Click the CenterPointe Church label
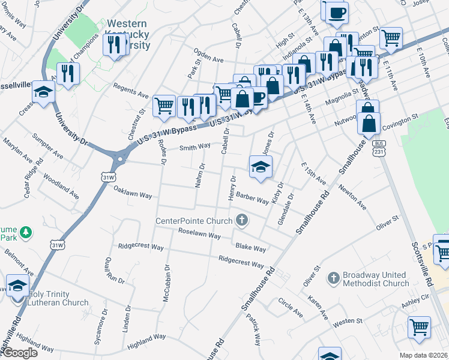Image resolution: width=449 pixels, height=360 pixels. click(194, 220)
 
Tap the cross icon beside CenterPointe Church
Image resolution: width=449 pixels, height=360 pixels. click(242, 220)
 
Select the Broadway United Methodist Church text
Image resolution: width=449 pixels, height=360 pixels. click(376, 279)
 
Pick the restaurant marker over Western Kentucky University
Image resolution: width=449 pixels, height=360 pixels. click(114, 44)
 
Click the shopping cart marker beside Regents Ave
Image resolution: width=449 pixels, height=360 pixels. click(164, 106)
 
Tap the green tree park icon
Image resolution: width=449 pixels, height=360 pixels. click(25, 232)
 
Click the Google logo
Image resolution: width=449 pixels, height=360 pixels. click(20, 353)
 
